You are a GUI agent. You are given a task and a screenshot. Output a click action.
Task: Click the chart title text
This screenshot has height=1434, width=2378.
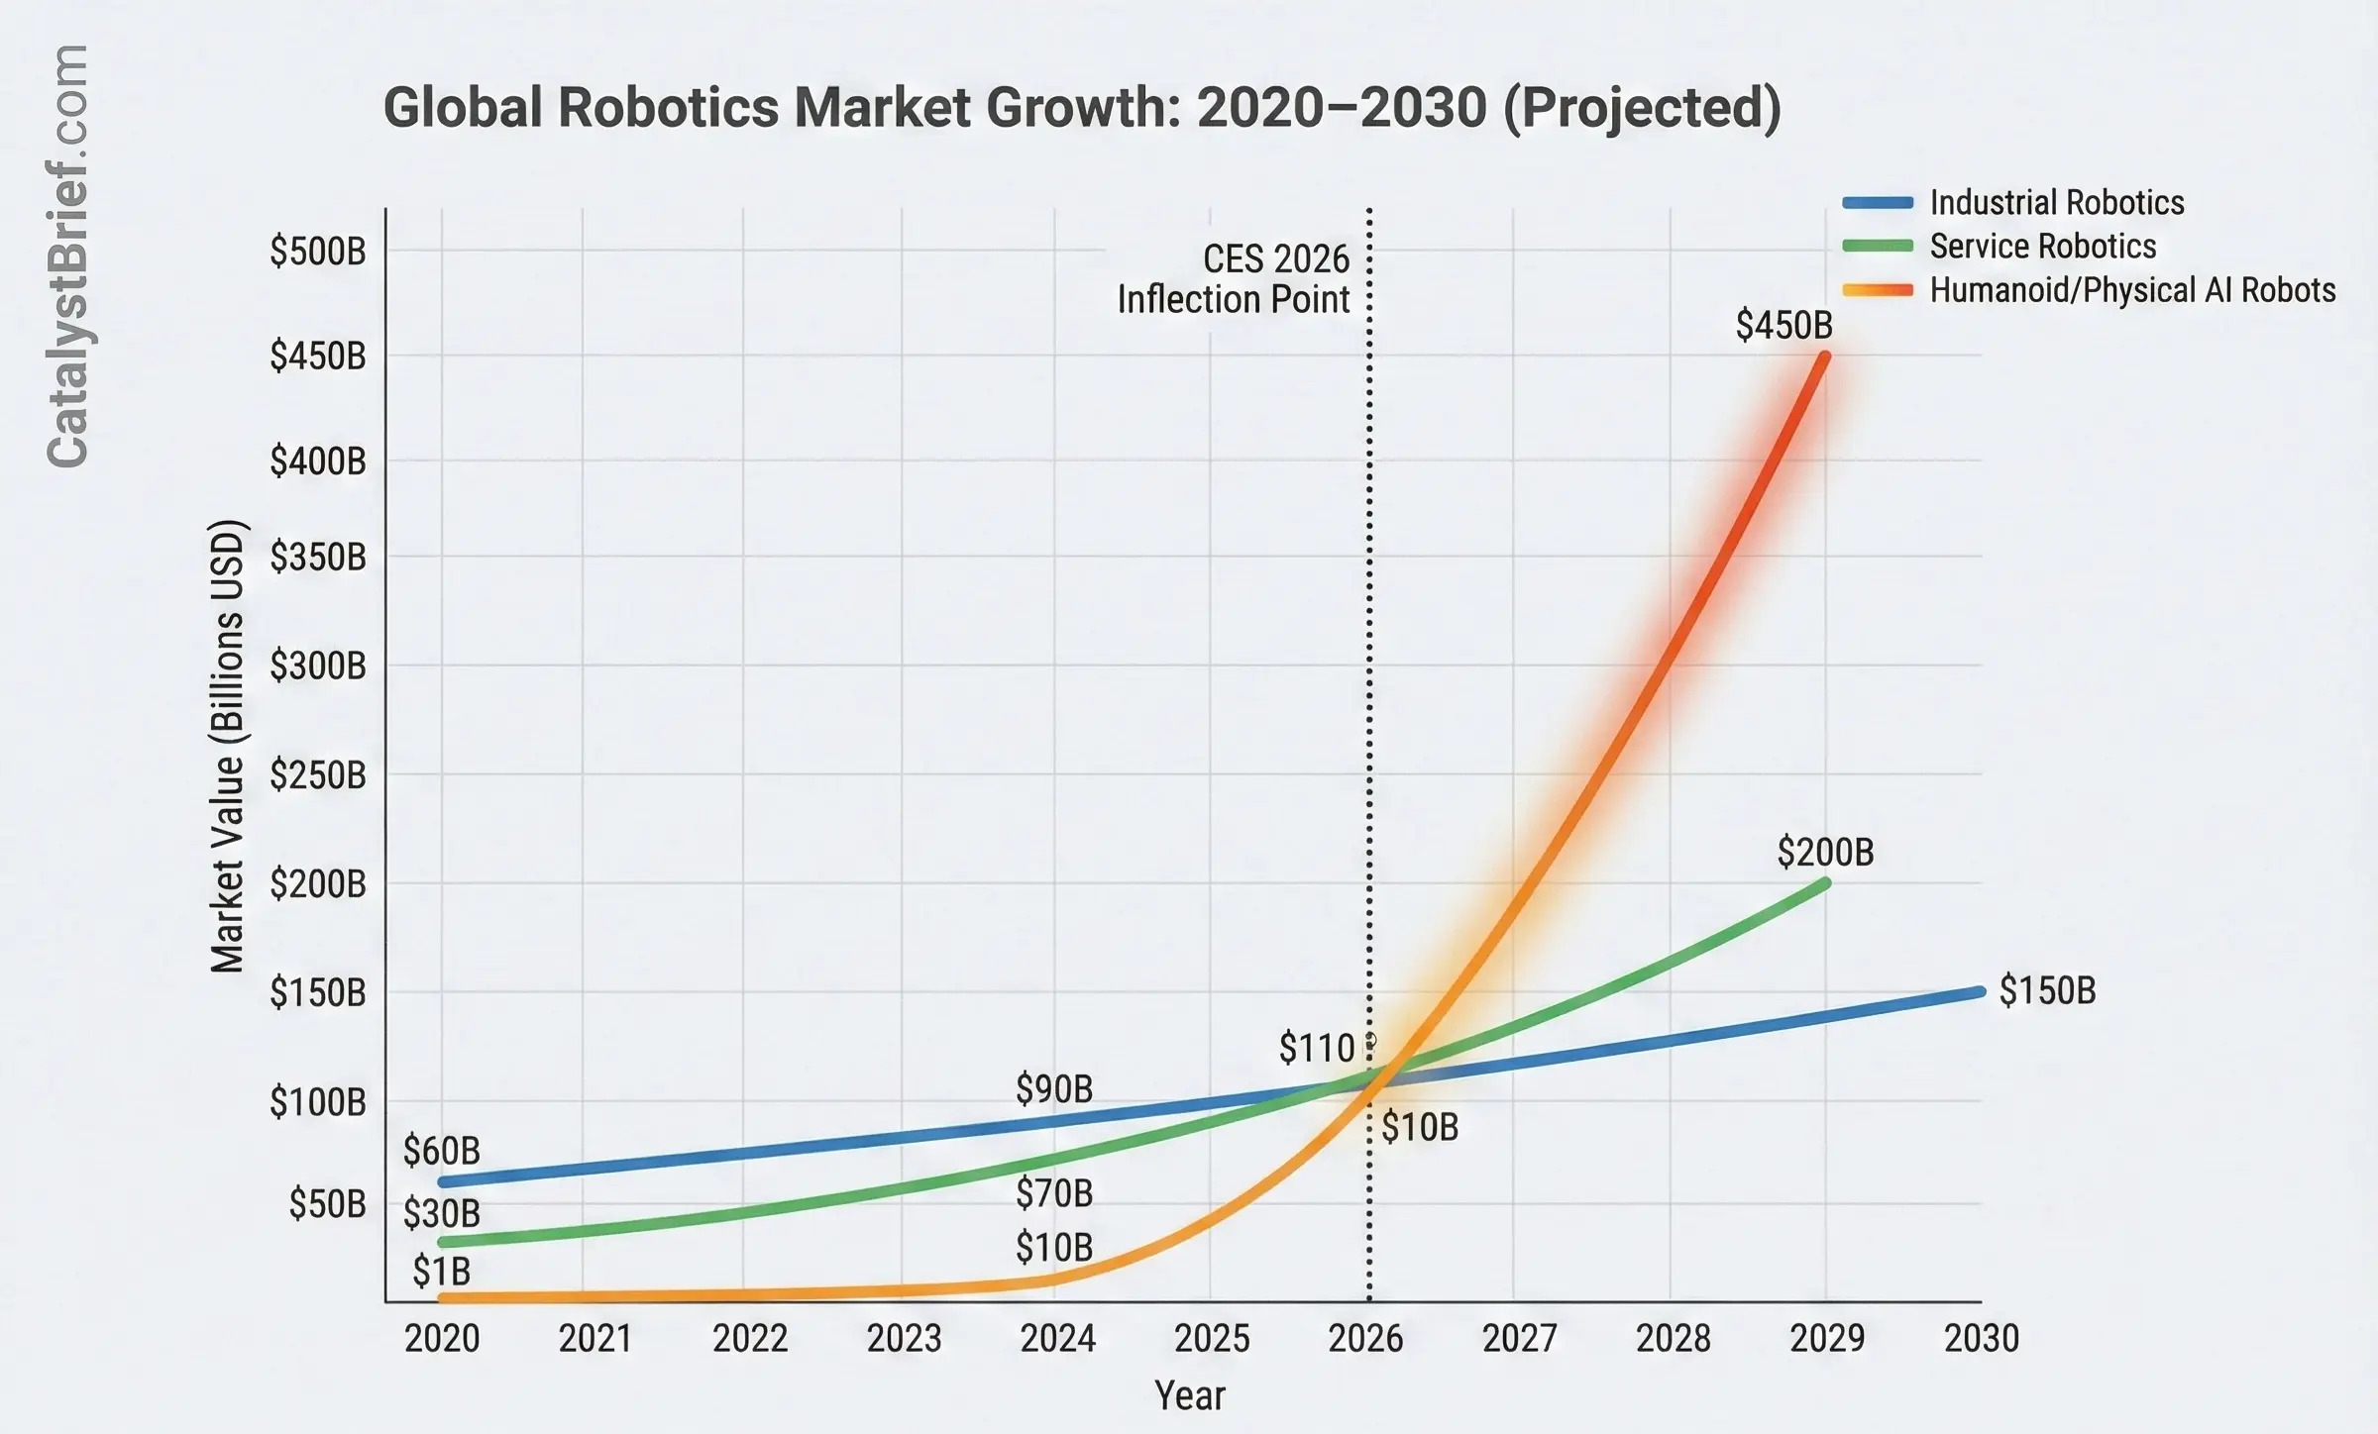click(x=1082, y=108)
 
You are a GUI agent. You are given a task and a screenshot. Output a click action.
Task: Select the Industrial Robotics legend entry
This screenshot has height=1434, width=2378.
click(x=2056, y=203)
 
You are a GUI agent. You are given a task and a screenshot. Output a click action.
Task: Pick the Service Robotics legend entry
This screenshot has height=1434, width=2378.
click(x=2042, y=247)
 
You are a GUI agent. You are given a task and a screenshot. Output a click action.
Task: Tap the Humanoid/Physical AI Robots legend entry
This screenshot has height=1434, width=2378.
click(x=2132, y=290)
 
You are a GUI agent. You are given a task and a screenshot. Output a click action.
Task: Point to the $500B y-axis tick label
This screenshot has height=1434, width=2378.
click(x=317, y=252)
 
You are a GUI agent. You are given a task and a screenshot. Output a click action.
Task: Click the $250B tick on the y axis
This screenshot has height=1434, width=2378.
click(x=317, y=774)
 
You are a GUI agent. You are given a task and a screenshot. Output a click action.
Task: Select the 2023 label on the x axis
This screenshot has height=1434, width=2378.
click(x=904, y=1339)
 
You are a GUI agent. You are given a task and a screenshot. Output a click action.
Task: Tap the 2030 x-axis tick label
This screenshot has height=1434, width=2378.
click(x=1981, y=1339)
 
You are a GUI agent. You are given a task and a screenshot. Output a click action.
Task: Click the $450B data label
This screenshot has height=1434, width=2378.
click(x=1783, y=325)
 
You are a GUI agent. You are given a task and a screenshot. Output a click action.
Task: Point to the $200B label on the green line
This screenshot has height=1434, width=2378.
click(x=1825, y=852)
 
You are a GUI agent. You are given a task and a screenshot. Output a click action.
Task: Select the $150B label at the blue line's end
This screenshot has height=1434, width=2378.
click(x=2047, y=990)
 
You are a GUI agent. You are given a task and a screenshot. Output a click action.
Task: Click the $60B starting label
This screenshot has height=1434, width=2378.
click(x=441, y=1151)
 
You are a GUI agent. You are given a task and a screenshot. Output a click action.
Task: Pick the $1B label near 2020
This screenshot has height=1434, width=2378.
click(x=441, y=1272)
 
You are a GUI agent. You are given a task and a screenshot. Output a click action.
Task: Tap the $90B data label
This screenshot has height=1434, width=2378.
click(x=1054, y=1089)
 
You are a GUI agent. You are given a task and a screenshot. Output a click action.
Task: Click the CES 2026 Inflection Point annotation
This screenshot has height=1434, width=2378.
click(x=1234, y=279)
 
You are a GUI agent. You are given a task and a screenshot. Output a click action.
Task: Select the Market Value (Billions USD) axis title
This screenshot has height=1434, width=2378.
click(x=228, y=746)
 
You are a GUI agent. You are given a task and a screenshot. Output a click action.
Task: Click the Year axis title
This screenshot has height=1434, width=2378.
click(x=1189, y=1395)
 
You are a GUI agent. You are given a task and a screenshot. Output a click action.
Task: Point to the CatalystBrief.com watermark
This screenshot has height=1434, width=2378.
click(x=67, y=256)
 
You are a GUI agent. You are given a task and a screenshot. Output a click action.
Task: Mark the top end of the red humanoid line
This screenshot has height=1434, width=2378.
click(x=1824, y=356)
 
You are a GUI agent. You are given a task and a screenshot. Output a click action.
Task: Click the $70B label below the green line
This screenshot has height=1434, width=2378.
click(x=1054, y=1193)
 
